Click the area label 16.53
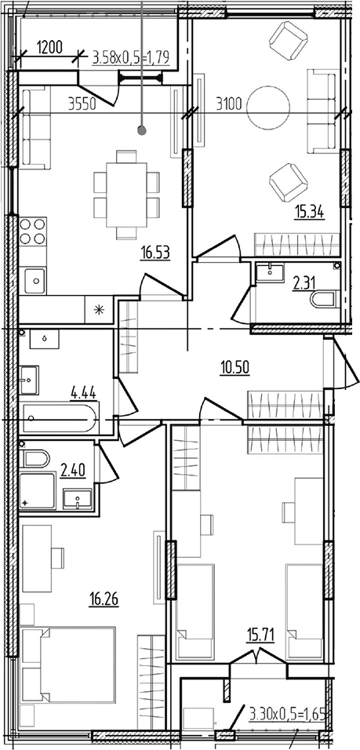tap(156, 252)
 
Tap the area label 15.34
tap(309, 211)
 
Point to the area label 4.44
tap(84, 394)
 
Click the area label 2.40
tap(74, 470)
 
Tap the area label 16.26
tap(104, 598)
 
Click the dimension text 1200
tap(49, 47)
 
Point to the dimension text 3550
tap(83, 104)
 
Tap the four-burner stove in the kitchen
tap(33, 231)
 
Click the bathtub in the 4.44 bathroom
tap(59, 418)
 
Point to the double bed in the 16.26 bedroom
tap(68, 664)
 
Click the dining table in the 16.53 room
tap(126, 195)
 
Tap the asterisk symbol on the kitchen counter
tap(99, 309)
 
